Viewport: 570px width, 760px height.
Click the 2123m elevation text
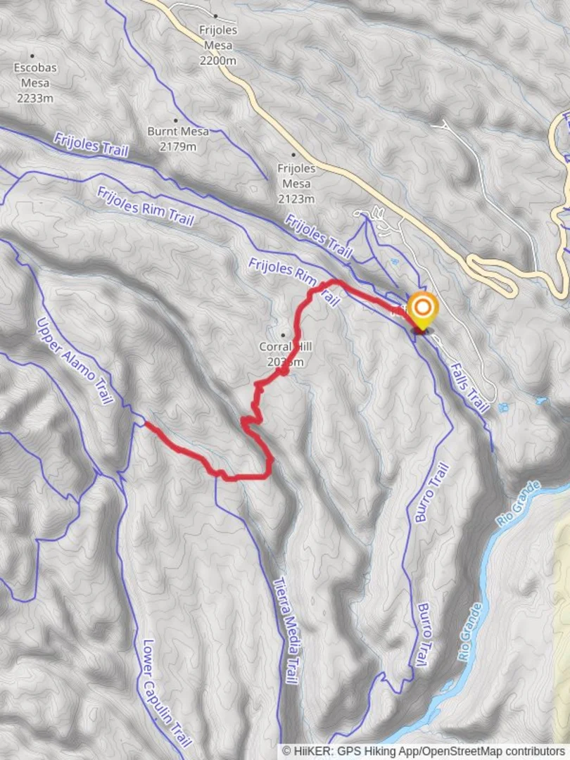click(x=296, y=198)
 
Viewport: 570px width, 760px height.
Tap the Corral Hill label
click(x=284, y=347)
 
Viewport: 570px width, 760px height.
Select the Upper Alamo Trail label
click(x=74, y=360)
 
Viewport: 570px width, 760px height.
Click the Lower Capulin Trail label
click(x=167, y=694)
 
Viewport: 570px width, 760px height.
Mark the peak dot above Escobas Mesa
click(x=32, y=56)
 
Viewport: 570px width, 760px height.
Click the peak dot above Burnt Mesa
click(x=176, y=120)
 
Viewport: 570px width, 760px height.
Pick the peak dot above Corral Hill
click(x=284, y=335)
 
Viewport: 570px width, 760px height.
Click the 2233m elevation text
click(x=35, y=98)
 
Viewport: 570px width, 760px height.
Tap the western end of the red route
click(x=146, y=424)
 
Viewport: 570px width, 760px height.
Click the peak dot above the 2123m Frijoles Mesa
click(x=293, y=154)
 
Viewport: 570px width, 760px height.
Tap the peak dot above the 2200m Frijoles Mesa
click(x=215, y=16)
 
